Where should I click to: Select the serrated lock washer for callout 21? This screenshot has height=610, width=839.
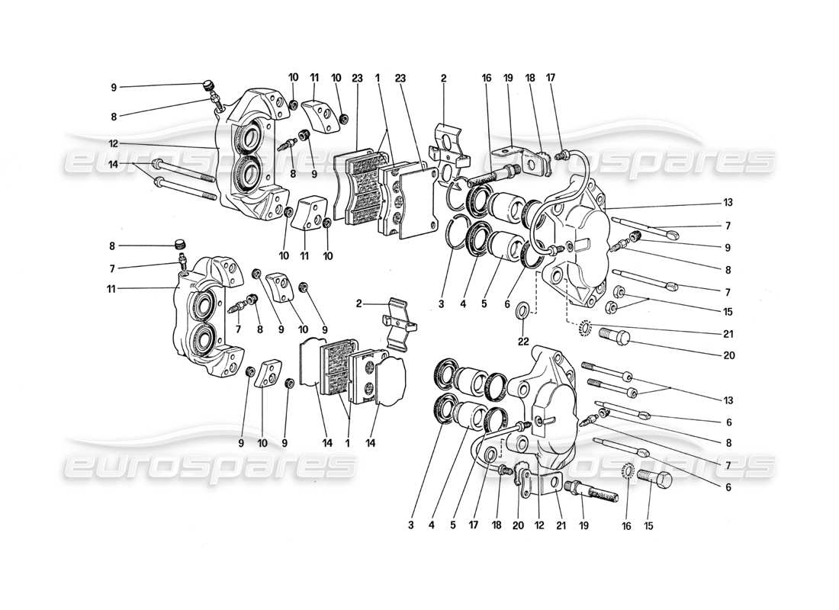click(x=586, y=328)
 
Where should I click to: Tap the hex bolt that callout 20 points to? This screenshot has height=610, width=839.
click(x=613, y=335)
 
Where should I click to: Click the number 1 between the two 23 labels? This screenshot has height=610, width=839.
click(x=377, y=77)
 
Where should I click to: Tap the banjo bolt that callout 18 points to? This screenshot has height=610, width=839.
click(x=503, y=474)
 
